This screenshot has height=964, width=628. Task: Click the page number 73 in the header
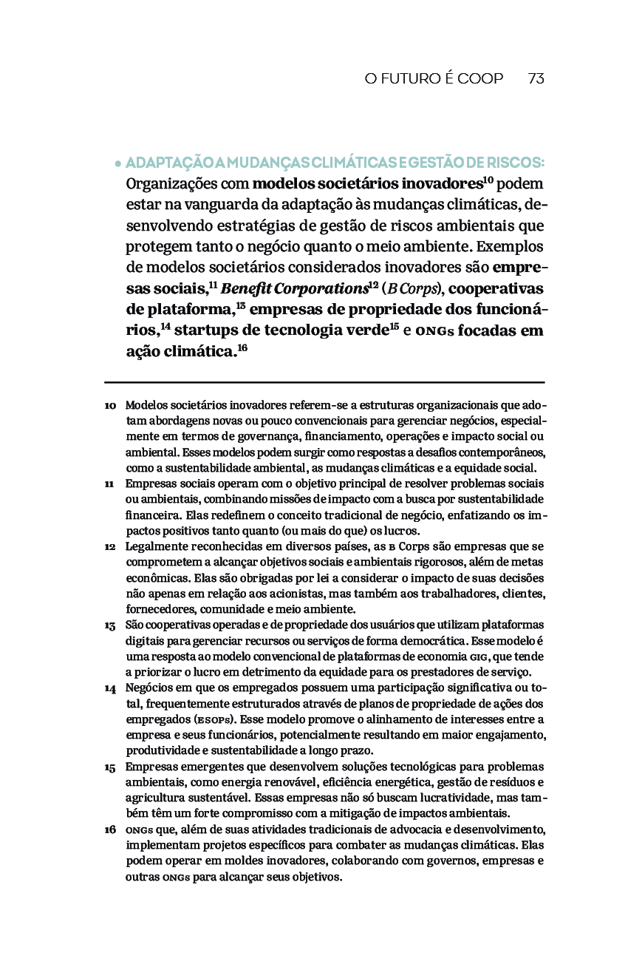point(536,78)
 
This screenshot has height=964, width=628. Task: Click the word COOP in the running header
point(480,78)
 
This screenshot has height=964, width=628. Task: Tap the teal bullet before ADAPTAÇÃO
point(117,163)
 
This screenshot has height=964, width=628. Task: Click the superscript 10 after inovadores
point(488,179)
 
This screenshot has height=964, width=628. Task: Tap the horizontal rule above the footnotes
point(324,382)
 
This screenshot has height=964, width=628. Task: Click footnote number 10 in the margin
point(110,406)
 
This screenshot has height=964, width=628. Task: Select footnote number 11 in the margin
point(109,483)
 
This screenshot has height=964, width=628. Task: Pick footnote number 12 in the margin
point(110,547)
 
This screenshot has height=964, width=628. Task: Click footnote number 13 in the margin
point(110,625)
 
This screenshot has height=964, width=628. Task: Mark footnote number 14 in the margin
point(110,688)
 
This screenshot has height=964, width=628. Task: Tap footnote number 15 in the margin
point(110,767)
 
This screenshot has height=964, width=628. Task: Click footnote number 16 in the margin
point(110,830)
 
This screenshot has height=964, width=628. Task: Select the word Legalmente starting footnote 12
point(157,546)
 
